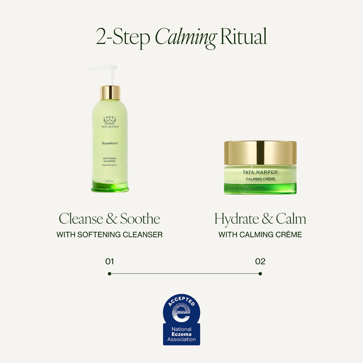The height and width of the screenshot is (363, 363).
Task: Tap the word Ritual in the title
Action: [243, 37]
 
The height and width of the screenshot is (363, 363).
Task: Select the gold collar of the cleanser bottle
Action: [110, 93]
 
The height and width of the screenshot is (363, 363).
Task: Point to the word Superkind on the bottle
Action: [110, 143]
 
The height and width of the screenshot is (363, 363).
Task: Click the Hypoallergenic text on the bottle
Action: [110, 165]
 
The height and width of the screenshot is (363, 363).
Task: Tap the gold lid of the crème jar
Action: [260, 152]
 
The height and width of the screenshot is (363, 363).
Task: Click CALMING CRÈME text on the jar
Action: [261, 179]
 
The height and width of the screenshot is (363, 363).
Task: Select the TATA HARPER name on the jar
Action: [260, 172]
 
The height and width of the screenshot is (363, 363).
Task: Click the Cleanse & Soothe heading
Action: [110, 219]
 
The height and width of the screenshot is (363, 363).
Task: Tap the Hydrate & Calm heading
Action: [260, 219]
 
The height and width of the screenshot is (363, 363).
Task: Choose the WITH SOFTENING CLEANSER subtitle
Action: [110, 235]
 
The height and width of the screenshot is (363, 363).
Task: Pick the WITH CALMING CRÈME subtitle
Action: [260, 235]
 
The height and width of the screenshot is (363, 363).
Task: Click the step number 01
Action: [110, 262]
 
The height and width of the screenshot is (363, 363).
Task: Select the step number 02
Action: [260, 262]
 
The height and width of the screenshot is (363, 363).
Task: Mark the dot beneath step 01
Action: [110, 274]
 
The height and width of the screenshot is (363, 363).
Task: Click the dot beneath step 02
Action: [260, 274]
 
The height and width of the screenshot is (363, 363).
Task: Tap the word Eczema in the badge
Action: [181, 334]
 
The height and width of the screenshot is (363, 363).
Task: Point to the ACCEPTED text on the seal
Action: [181, 302]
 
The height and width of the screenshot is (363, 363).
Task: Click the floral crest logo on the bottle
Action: [110, 120]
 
